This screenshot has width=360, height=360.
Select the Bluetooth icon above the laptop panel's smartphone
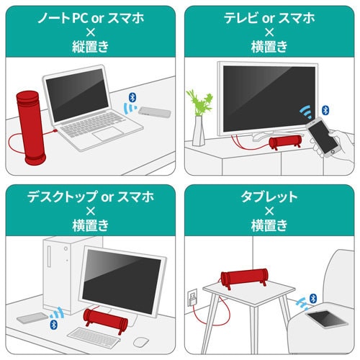click(131, 96)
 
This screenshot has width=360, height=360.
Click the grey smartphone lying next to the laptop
click(154, 112)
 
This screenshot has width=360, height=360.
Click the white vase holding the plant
click(199, 130)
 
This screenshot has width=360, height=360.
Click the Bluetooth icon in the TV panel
click(325, 110)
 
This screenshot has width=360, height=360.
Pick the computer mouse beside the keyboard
click(142, 341)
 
